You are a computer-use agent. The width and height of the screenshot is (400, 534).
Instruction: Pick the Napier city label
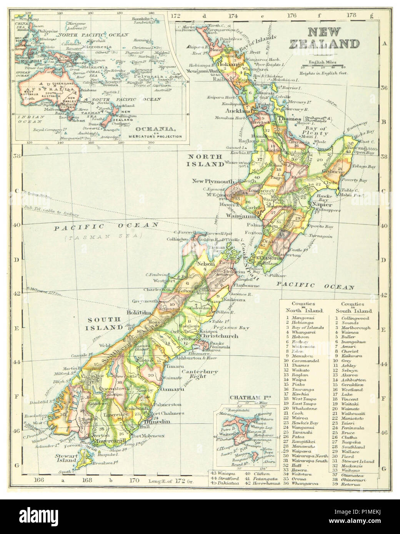(x=323, y=205)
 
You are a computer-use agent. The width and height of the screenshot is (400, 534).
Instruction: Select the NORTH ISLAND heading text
(x=205, y=160)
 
